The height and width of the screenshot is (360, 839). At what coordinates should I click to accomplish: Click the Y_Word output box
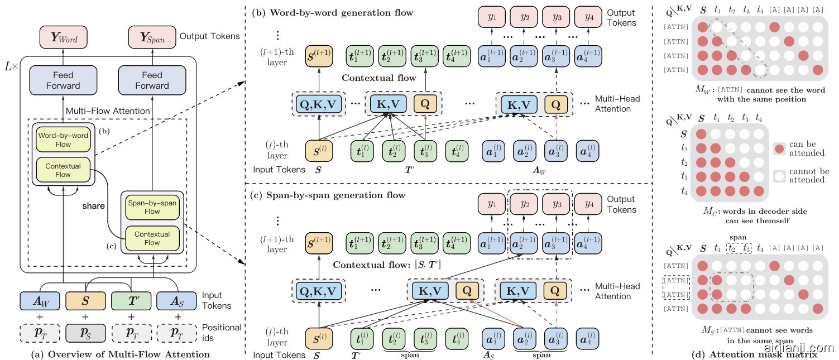click(63, 37)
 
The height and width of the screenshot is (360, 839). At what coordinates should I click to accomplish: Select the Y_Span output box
click(152, 37)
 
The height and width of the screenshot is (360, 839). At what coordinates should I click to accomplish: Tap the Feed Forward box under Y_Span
click(152, 80)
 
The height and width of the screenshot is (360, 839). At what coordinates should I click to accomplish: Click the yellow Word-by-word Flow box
click(63, 139)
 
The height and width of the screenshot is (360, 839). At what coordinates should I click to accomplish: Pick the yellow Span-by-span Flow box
click(152, 207)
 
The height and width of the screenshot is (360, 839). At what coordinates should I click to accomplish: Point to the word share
click(93, 205)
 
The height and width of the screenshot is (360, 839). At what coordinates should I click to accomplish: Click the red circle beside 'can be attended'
click(781, 148)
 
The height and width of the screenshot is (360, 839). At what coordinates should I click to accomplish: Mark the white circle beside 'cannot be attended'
click(781, 175)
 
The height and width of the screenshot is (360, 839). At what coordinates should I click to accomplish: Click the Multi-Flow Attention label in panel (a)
click(108, 111)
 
